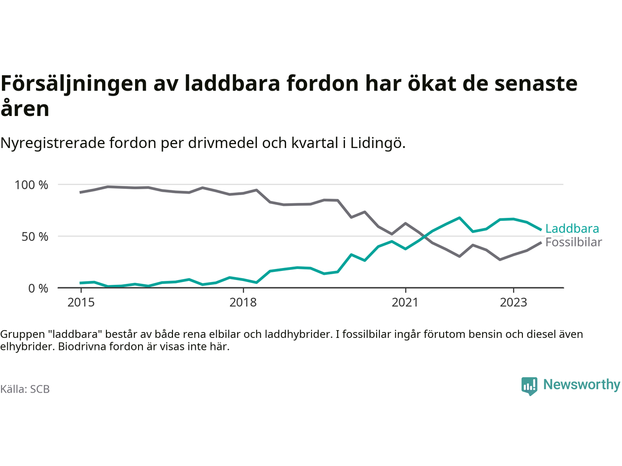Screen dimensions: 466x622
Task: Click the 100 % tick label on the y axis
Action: tap(32, 185)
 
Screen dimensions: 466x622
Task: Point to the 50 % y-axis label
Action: tap(35, 237)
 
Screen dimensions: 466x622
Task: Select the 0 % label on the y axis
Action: tap(38, 289)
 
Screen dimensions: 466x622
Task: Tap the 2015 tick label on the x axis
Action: tap(81, 302)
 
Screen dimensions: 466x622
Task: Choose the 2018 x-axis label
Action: tap(243, 302)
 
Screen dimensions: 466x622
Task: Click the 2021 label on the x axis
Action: tap(405, 302)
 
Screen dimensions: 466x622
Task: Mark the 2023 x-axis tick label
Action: tap(513, 302)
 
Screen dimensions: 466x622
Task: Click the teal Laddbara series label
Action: tap(572, 229)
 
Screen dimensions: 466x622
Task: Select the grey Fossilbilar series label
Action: tap(573, 242)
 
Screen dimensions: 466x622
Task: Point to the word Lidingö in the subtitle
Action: tap(378, 143)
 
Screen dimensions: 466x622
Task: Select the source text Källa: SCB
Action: tap(25, 389)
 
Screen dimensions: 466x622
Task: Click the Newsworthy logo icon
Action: tap(529, 386)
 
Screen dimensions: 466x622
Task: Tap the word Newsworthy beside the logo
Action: tap(582, 384)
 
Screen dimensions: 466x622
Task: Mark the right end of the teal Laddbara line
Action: tap(541, 230)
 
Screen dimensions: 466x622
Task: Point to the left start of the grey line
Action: tap(81, 192)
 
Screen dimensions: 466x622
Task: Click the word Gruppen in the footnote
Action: tap(19, 334)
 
